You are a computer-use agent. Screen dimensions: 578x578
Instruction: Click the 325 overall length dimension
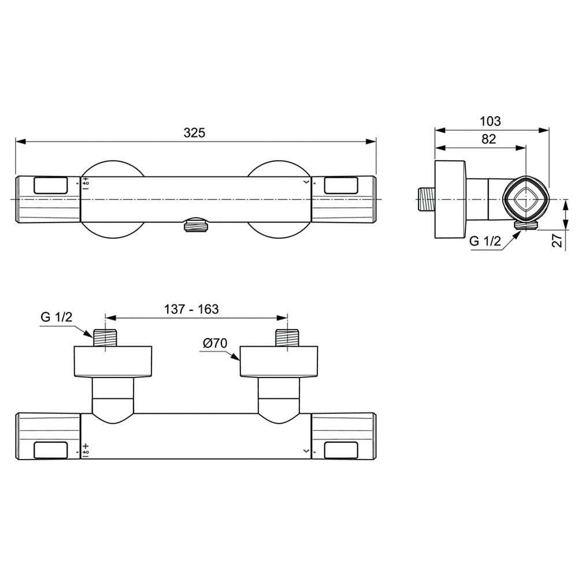(x=194, y=133)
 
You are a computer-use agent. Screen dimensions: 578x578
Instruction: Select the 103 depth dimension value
(x=490, y=121)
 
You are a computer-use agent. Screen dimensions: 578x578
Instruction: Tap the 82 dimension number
(x=488, y=139)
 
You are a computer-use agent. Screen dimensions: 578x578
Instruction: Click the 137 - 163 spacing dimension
(x=191, y=309)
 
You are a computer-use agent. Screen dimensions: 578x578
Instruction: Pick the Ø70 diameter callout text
(x=215, y=343)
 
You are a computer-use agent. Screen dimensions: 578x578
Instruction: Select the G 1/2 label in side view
(x=485, y=241)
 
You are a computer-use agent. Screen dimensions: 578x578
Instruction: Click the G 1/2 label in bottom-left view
(x=57, y=317)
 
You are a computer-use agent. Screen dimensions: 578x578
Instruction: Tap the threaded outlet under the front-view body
(x=196, y=225)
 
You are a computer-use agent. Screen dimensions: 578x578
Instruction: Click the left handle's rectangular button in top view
(x=50, y=186)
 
